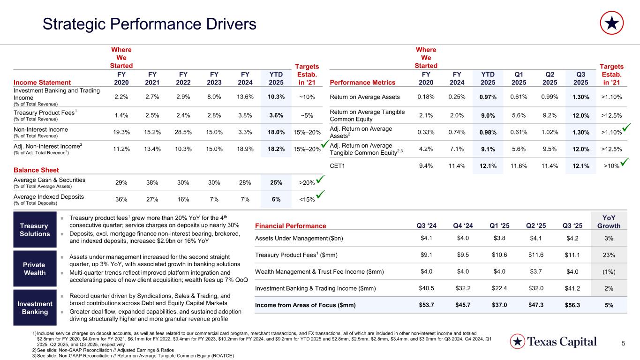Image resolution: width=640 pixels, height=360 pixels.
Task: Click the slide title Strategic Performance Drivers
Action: pos(149,24)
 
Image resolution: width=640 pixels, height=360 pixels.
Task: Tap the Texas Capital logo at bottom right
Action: pos(553,341)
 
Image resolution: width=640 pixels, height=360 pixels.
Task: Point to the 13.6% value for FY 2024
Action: pos(246,97)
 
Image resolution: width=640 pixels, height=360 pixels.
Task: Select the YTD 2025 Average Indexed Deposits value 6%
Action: pos(276,199)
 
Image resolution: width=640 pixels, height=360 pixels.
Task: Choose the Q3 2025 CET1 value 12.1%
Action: pos(580,165)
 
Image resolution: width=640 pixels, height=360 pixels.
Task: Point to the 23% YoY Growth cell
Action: pos(609,255)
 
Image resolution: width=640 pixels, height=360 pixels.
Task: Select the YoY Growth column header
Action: pos(609,221)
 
